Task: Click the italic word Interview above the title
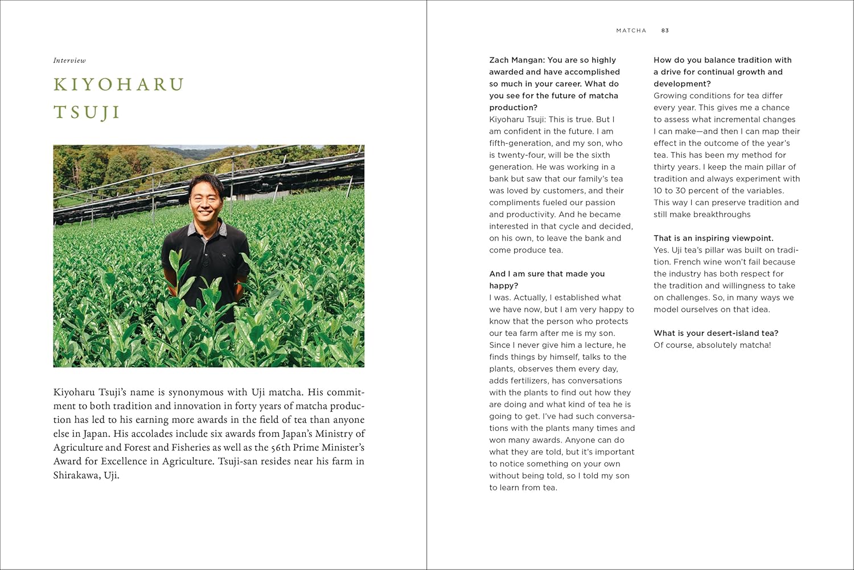69,60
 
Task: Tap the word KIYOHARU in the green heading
118,85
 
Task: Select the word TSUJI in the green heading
87,112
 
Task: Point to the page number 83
665,31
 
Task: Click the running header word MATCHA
631,31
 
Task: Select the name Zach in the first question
499,60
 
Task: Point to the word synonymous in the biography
198,392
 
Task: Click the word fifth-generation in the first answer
520,143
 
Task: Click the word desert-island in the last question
721,333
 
